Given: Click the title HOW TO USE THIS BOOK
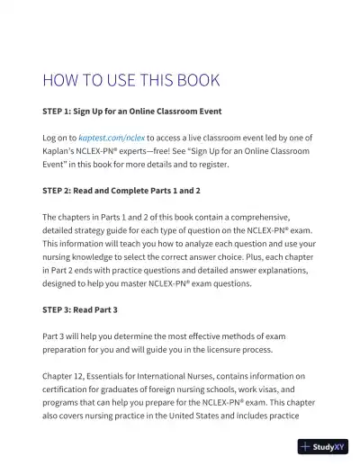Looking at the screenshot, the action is (131, 80).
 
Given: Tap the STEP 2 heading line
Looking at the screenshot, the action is (121, 191).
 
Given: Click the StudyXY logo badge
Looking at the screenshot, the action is (323, 445).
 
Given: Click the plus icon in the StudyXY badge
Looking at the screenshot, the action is (307, 445).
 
